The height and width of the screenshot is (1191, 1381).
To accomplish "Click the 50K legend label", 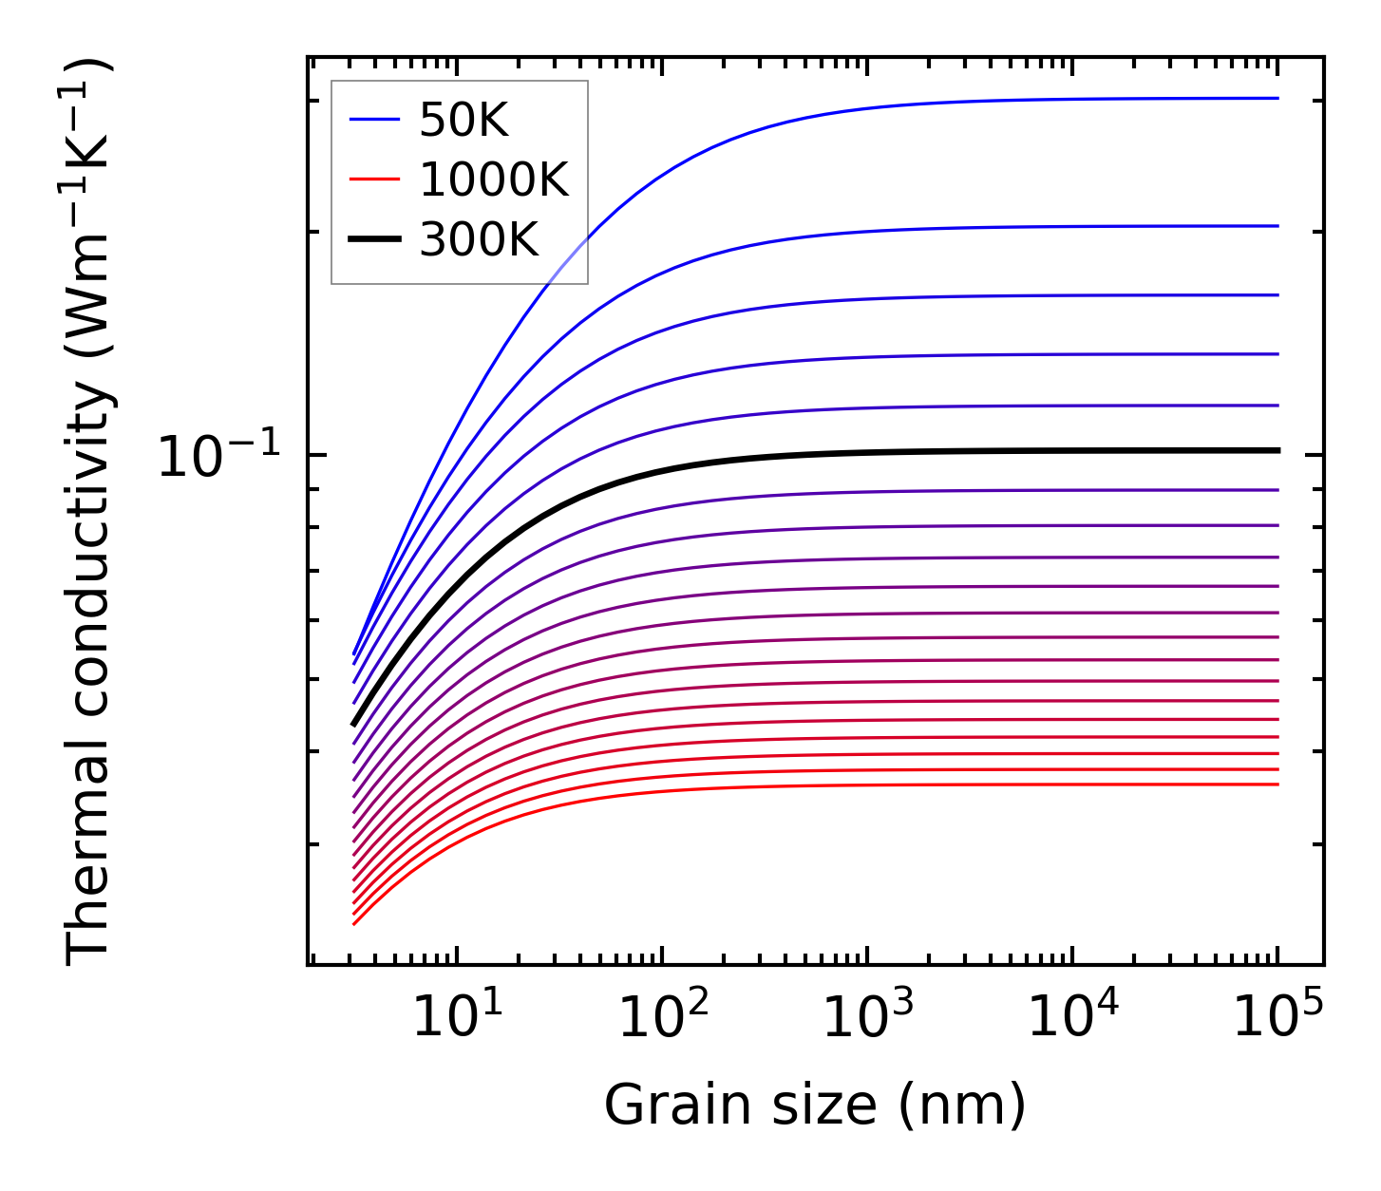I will [x=463, y=121].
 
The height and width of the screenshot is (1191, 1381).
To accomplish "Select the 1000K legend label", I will [x=493, y=180].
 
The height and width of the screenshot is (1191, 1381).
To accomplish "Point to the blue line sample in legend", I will [x=375, y=119].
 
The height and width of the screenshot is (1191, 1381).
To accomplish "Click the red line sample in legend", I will [x=375, y=179].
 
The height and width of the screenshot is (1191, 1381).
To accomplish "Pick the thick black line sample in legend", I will [x=375, y=238].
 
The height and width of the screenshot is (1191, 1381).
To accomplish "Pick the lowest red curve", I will [x=760, y=785].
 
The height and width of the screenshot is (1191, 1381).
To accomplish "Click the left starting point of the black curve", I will [x=353, y=725].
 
